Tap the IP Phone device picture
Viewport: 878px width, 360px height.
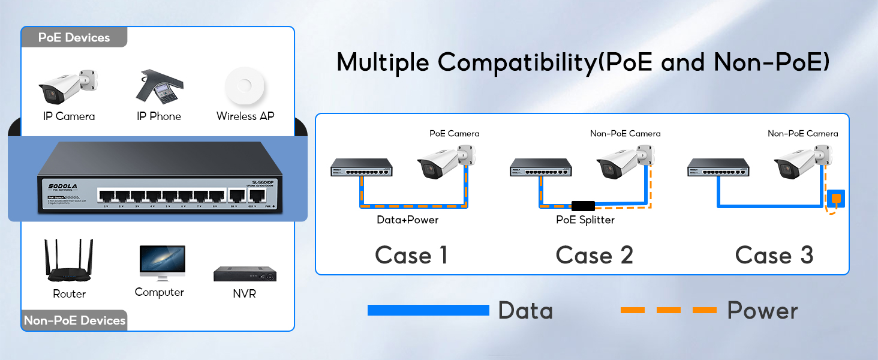tap(157, 88)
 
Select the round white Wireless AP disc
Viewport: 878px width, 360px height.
tap(245, 88)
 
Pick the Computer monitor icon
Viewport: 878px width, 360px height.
tap(162, 262)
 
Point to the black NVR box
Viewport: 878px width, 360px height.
tap(245, 273)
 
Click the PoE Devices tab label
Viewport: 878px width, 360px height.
tap(74, 37)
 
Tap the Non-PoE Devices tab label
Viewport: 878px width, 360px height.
tap(74, 320)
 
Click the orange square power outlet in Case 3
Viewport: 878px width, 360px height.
tap(835, 197)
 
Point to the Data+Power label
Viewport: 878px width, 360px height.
tap(407, 220)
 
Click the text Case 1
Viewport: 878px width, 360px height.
tap(411, 256)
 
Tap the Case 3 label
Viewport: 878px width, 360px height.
tap(774, 256)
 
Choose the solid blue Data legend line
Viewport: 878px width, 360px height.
tap(428, 310)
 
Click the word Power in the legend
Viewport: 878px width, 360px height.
tap(762, 311)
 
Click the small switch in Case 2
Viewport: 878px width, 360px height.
tap(540, 167)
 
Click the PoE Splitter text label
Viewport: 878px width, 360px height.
tap(585, 220)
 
